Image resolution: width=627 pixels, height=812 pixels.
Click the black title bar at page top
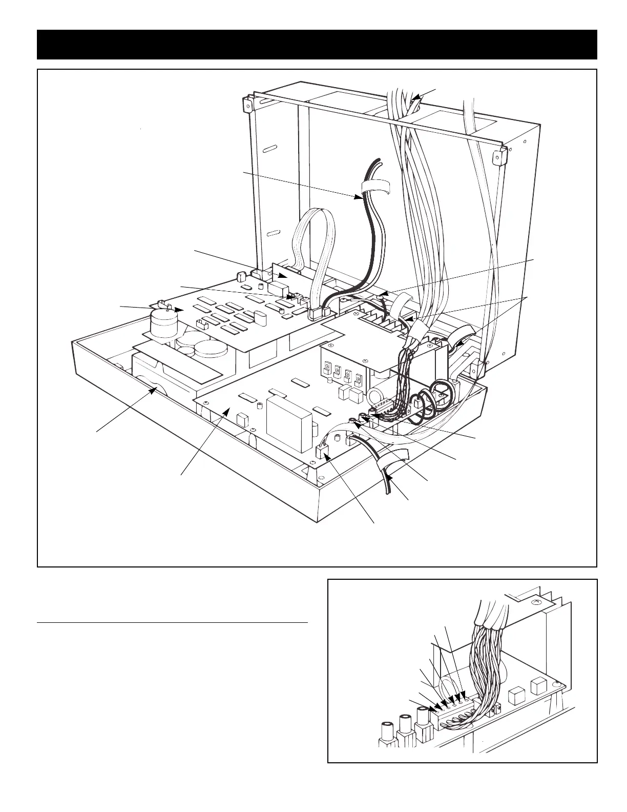click(x=317, y=45)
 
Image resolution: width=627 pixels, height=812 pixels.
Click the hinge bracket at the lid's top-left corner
click(x=247, y=105)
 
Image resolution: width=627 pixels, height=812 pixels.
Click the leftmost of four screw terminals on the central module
click(x=327, y=370)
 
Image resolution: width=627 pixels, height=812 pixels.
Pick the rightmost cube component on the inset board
click(x=538, y=685)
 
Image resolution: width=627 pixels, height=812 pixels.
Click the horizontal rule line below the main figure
click(x=173, y=623)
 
